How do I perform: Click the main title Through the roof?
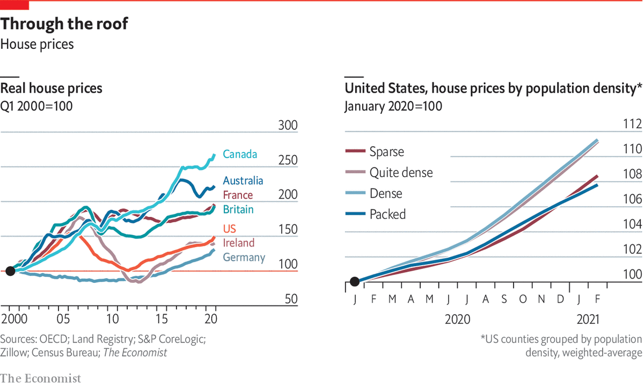(x=64, y=24)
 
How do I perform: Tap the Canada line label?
(x=240, y=155)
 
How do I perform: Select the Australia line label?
(x=243, y=181)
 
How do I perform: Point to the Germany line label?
(x=244, y=258)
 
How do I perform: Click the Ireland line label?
(x=239, y=243)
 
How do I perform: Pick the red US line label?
(x=229, y=228)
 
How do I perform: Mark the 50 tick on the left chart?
(x=290, y=299)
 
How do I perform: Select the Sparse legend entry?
(x=386, y=151)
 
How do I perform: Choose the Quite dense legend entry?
(x=401, y=172)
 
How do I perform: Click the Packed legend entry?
(x=387, y=214)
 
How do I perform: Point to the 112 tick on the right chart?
(x=633, y=125)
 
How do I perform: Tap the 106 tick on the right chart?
(x=633, y=200)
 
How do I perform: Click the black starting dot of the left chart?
(x=10, y=271)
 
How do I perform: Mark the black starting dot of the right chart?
(x=354, y=281)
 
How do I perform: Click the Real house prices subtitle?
(x=52, y=88)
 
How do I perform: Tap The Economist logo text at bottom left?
(x=41, y=378)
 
